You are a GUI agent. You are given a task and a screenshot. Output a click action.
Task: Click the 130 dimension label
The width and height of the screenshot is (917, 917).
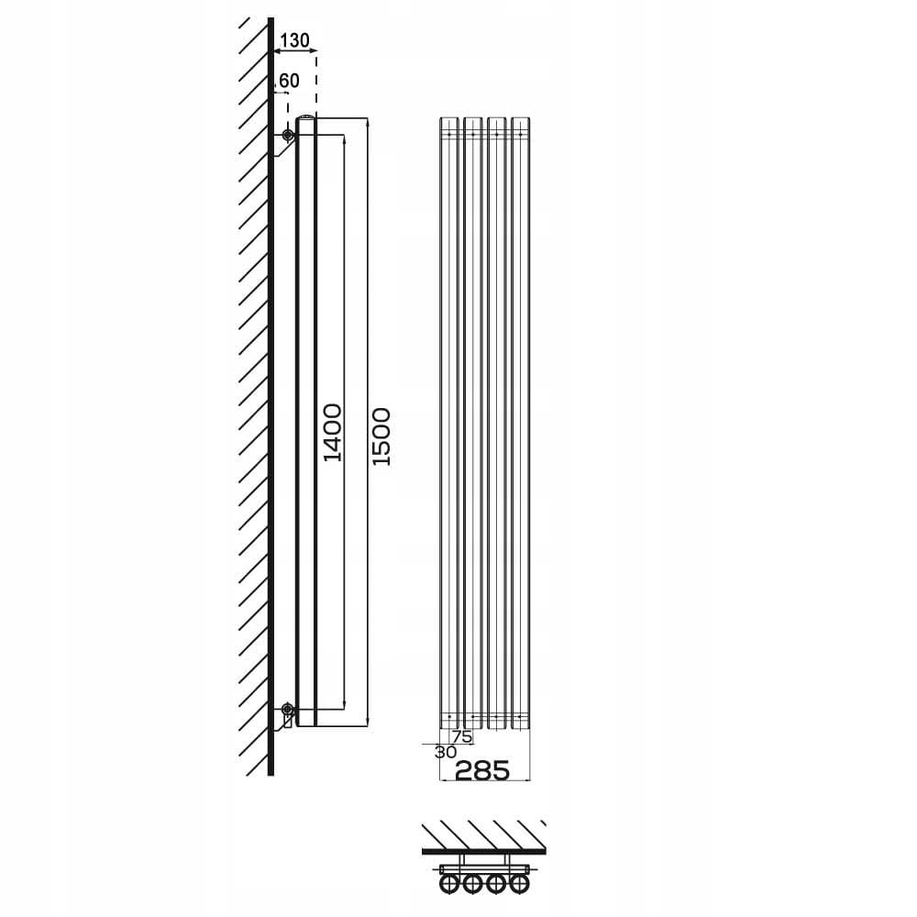(x=294, y=40)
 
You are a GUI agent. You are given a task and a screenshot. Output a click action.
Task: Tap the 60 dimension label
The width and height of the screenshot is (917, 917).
(x=289, y=81)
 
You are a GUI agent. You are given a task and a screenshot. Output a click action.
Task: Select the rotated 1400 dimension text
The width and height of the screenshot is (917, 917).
(x=333, y=432)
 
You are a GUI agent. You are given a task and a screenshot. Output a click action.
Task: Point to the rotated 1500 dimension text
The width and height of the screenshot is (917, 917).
(x=381, y=436)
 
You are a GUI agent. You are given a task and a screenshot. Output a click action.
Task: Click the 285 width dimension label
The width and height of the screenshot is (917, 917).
(x=482, y=770)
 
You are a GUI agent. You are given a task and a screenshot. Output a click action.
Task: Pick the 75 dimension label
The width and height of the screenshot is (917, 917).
(x=461, y=737)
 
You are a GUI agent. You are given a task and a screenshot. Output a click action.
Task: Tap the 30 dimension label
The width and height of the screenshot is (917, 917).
(x=445, y=752)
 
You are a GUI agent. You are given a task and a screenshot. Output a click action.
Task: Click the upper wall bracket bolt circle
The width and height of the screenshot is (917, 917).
(x=287, y=135)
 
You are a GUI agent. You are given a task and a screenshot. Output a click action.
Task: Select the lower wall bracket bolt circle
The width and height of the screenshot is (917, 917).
(x=286, y=710)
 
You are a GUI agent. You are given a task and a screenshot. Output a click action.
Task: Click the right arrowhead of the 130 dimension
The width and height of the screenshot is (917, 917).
(x=314, y=51)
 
